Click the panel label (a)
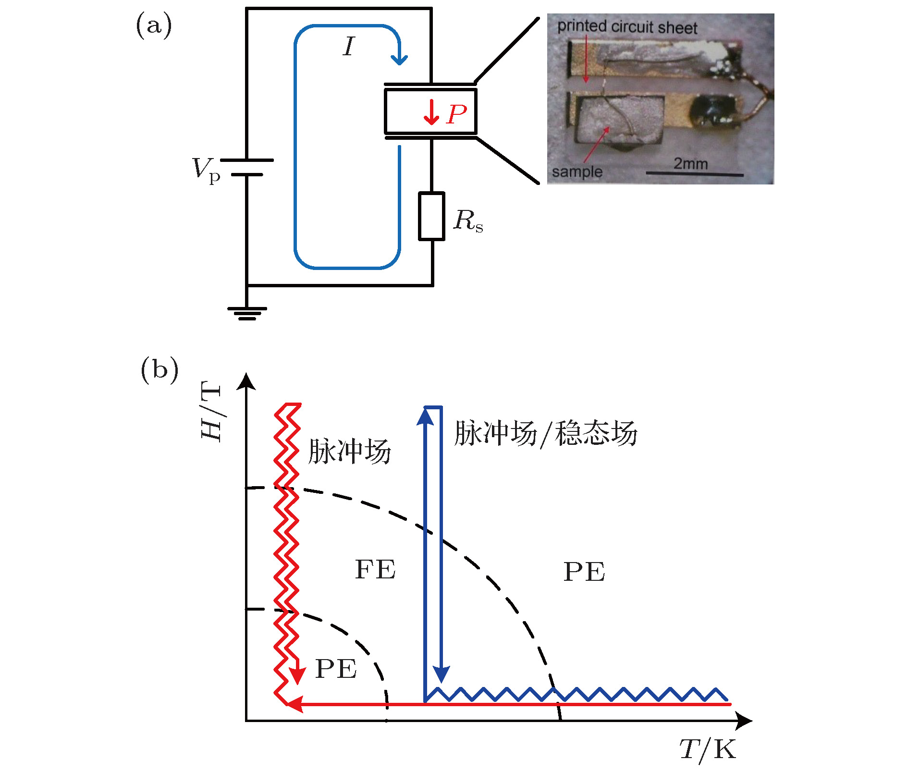[154, 26]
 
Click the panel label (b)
[159, 370]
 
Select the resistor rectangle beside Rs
[431, 216]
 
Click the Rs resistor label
[468, 221]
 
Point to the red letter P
[456, 114]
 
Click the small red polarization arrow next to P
[431, 113]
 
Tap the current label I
[348, 47]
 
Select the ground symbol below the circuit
[247, 313]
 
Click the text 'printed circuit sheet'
[627, 27]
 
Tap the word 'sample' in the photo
[577, 172]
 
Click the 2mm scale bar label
[690, 164]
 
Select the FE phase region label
[375, 570]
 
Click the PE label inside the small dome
[336, 669]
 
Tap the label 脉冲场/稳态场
[545, 433]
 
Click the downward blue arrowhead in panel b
[441, 674]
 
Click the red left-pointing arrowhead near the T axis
[294, 704]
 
